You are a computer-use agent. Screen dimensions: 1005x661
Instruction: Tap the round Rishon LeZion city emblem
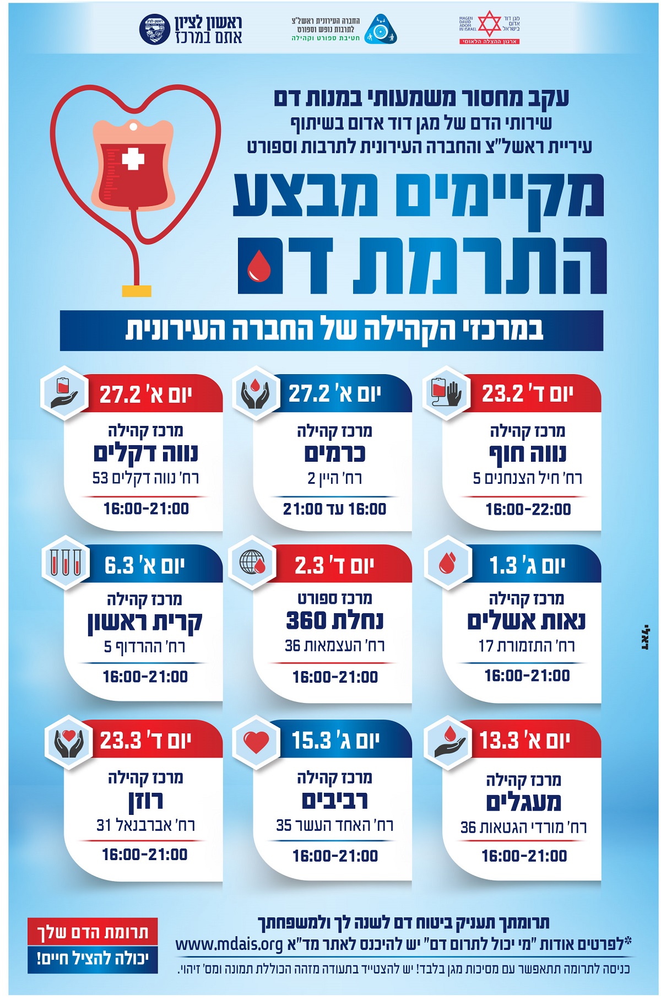click(x=155, y=30)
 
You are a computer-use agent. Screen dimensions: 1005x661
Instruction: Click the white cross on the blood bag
click(x=133, y=159)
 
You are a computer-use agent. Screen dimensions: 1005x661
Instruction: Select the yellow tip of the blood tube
click(x=137, y=290)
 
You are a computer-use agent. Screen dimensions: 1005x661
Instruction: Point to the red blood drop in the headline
click(x=259, y=266)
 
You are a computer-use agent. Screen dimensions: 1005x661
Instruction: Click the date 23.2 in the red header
click(x=503, y=393)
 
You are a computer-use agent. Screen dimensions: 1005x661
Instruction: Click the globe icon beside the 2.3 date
click(x=253, y=563)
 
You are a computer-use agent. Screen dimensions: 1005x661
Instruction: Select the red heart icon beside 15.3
click(x=256, y=742)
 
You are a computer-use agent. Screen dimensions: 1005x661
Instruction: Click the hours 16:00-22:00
click(x=528, y=509)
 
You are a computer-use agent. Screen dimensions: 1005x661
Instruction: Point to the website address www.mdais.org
click(x=229, y=944)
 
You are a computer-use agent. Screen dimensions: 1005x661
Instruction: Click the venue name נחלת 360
click(x=334, y=621)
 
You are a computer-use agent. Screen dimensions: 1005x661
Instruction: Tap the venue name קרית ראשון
click(x=145, y=622)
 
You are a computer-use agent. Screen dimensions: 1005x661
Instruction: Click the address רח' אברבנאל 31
click(x=146, y=825)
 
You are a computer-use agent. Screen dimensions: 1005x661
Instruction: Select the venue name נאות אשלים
click(x=526, y=621)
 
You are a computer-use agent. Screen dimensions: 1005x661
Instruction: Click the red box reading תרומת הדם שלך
click(x=93, y=932)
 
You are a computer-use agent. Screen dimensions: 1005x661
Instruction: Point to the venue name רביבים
click(x=334, y=801)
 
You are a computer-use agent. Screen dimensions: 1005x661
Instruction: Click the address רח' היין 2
click(x=334, y=478)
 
